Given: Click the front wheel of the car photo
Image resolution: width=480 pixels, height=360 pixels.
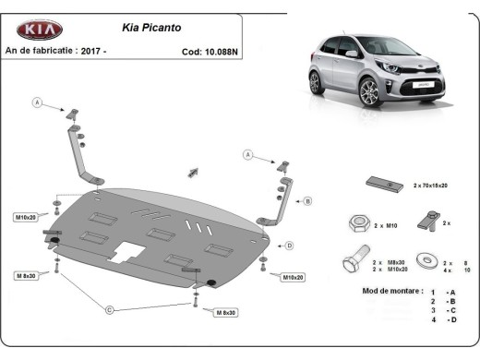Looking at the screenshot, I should (370, 92).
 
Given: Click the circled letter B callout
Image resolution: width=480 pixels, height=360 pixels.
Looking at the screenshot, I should (307, 200).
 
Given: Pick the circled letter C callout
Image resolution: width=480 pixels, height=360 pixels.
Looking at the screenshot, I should (109, 308).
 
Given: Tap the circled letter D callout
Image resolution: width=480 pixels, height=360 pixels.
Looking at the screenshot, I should (289, 245).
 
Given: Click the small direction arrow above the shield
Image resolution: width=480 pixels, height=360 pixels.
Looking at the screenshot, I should (194, 172).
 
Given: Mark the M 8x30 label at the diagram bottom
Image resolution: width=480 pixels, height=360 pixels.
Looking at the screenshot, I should (226, 313).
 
